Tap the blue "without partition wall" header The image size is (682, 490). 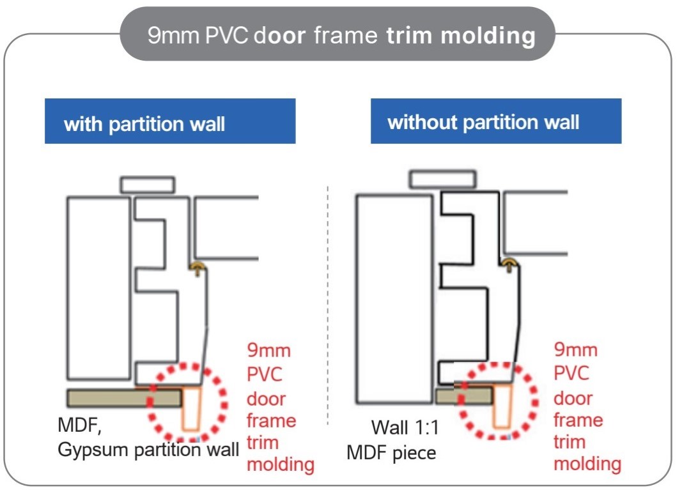click(496, 121)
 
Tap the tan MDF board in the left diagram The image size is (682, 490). click(124, 397)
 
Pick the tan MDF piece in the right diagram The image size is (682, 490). click(463, 395)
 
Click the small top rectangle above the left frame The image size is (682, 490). click(148, 185)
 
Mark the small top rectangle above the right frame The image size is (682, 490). click(442, 180)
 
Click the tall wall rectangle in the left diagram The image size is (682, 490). click(99, 288)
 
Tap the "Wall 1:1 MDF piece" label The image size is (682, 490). click(396, 440)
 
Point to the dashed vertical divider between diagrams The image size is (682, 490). click(328, 307)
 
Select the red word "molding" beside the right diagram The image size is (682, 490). click(587, 463)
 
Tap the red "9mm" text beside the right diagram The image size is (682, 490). click(576, 350)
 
